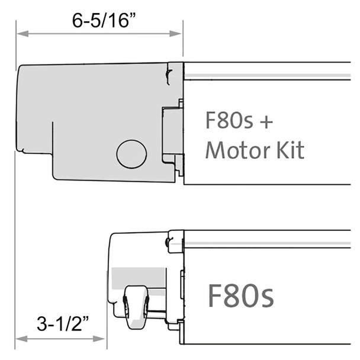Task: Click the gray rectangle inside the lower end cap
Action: (x=136, y=277)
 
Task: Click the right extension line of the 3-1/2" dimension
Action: (x=106, y=332)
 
